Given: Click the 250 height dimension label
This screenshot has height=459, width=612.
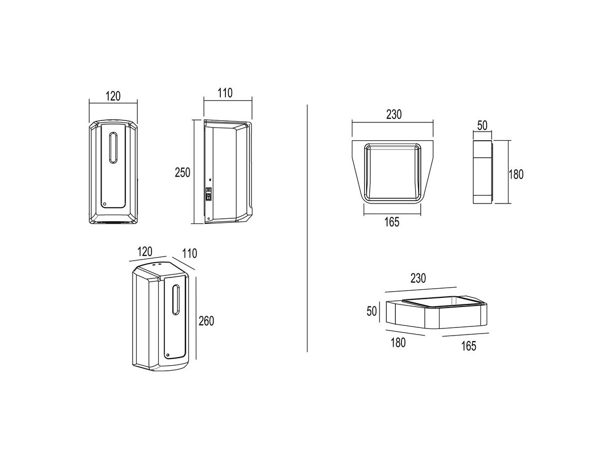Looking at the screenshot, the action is [183, 172].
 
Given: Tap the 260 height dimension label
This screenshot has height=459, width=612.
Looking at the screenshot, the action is [207, 321].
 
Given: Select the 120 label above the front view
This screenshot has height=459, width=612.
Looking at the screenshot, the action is [113, 96].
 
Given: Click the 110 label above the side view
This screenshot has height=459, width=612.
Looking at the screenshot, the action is [225, 93].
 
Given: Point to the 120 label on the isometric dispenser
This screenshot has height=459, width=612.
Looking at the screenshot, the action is [145, 251].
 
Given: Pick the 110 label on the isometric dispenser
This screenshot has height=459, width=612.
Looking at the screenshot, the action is [190, 253].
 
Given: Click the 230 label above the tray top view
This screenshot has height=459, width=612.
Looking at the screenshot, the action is [394, 115].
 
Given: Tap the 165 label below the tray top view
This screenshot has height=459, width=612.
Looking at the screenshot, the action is [392, 222].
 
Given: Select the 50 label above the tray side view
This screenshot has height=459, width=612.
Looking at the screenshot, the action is [482, 125].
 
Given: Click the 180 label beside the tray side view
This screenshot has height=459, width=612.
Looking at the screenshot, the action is [516, 174].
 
